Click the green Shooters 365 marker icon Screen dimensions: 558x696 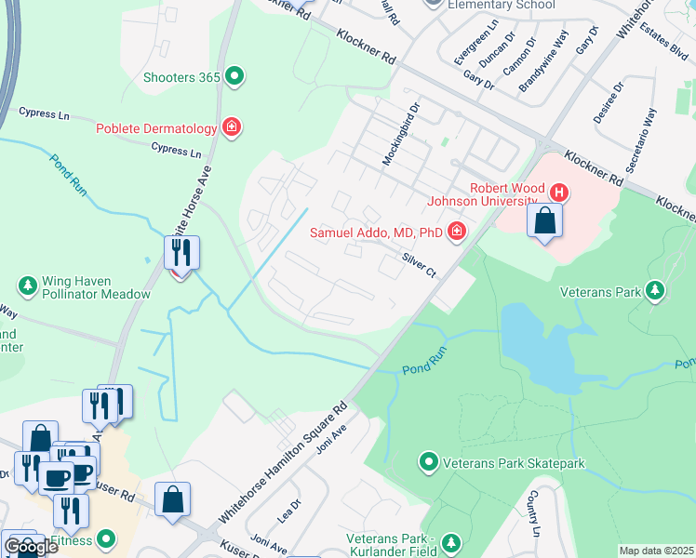(x=234, y=77)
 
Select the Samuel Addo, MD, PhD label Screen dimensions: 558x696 (x=377, y=231)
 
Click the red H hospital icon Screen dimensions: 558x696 (x=558, y=193)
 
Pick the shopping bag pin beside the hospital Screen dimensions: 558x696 (x=544, y=222)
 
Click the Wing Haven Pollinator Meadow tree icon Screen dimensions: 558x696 (x=27, y=285)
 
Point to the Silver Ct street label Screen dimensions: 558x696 (x=419, y=265)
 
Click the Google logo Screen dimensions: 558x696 (x=31, y=547)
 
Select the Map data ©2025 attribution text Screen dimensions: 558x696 (x=656, y=551)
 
